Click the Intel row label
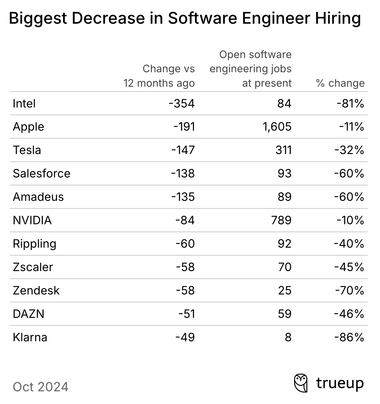click(x=24, y=103)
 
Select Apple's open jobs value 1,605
click(x=277, y=127)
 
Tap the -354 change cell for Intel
click(x=182, y=103)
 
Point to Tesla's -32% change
click(x=349, y=150)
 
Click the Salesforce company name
click(x=41, y=174)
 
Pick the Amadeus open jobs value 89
click(x=284, y=197)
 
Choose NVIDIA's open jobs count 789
click(x=281, y=220)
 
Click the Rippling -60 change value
click(x=185, y=244)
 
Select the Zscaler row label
click(x=33, y=267)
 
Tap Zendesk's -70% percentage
click(x=349, y=290)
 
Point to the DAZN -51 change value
click(x=187, y=314)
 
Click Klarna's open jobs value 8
click(x=288, y=337)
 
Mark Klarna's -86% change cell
click(x=349, y=337)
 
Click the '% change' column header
click(x=340, y=83)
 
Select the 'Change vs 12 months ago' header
click(x=159, y=76)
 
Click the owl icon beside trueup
click(x=301, y=383)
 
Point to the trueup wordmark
click(x=340, y=384)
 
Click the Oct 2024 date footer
click(x=41, y=387)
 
